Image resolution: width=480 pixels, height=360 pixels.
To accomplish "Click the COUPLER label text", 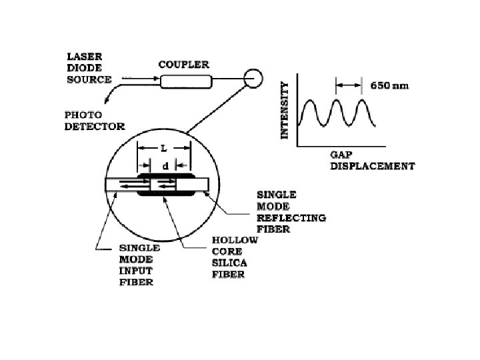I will tap(183, 65).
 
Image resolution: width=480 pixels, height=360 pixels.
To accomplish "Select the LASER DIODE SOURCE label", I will tap(89, 69).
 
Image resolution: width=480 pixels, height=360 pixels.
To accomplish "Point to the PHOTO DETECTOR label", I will tap(94, 120).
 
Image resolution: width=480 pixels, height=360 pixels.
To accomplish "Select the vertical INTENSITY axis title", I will tap(285, 110).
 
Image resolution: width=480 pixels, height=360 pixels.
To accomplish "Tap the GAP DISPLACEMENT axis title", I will tap(372, 159).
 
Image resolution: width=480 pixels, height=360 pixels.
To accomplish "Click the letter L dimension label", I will tap(163, 145).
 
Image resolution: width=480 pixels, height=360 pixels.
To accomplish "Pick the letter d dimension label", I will tap(165, 165).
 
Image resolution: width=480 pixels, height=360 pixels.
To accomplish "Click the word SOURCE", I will tap(89, 80).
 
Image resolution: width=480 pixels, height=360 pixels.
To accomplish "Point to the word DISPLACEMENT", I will tap(372, 165).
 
